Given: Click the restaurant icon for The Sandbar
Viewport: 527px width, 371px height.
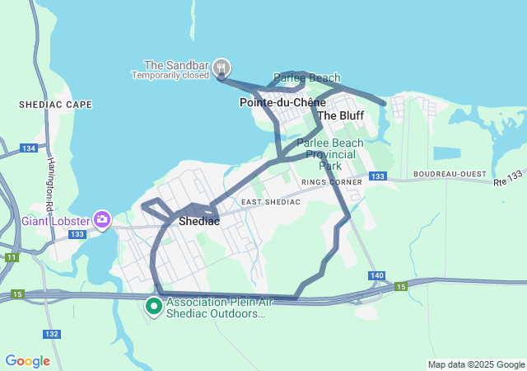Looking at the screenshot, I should [x=221, y=67].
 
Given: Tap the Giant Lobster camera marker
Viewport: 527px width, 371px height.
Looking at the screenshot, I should [x=102, y=219].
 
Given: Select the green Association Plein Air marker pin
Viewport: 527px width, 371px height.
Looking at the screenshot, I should [x=153, y=307].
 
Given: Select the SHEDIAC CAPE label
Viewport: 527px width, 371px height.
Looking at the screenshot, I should [x=55, y=105].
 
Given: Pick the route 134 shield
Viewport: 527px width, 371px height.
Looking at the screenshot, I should [x=29, y=148].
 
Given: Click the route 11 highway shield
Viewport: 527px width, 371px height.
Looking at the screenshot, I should [x=11, y=258].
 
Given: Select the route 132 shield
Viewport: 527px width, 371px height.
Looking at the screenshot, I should [x=52, y=334].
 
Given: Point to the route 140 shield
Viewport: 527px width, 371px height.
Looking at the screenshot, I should [x=376, y=275].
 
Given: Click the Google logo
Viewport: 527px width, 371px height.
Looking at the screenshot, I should [x=27, y=361].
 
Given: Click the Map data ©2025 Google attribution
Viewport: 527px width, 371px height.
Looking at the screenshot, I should [x=475, y=364].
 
